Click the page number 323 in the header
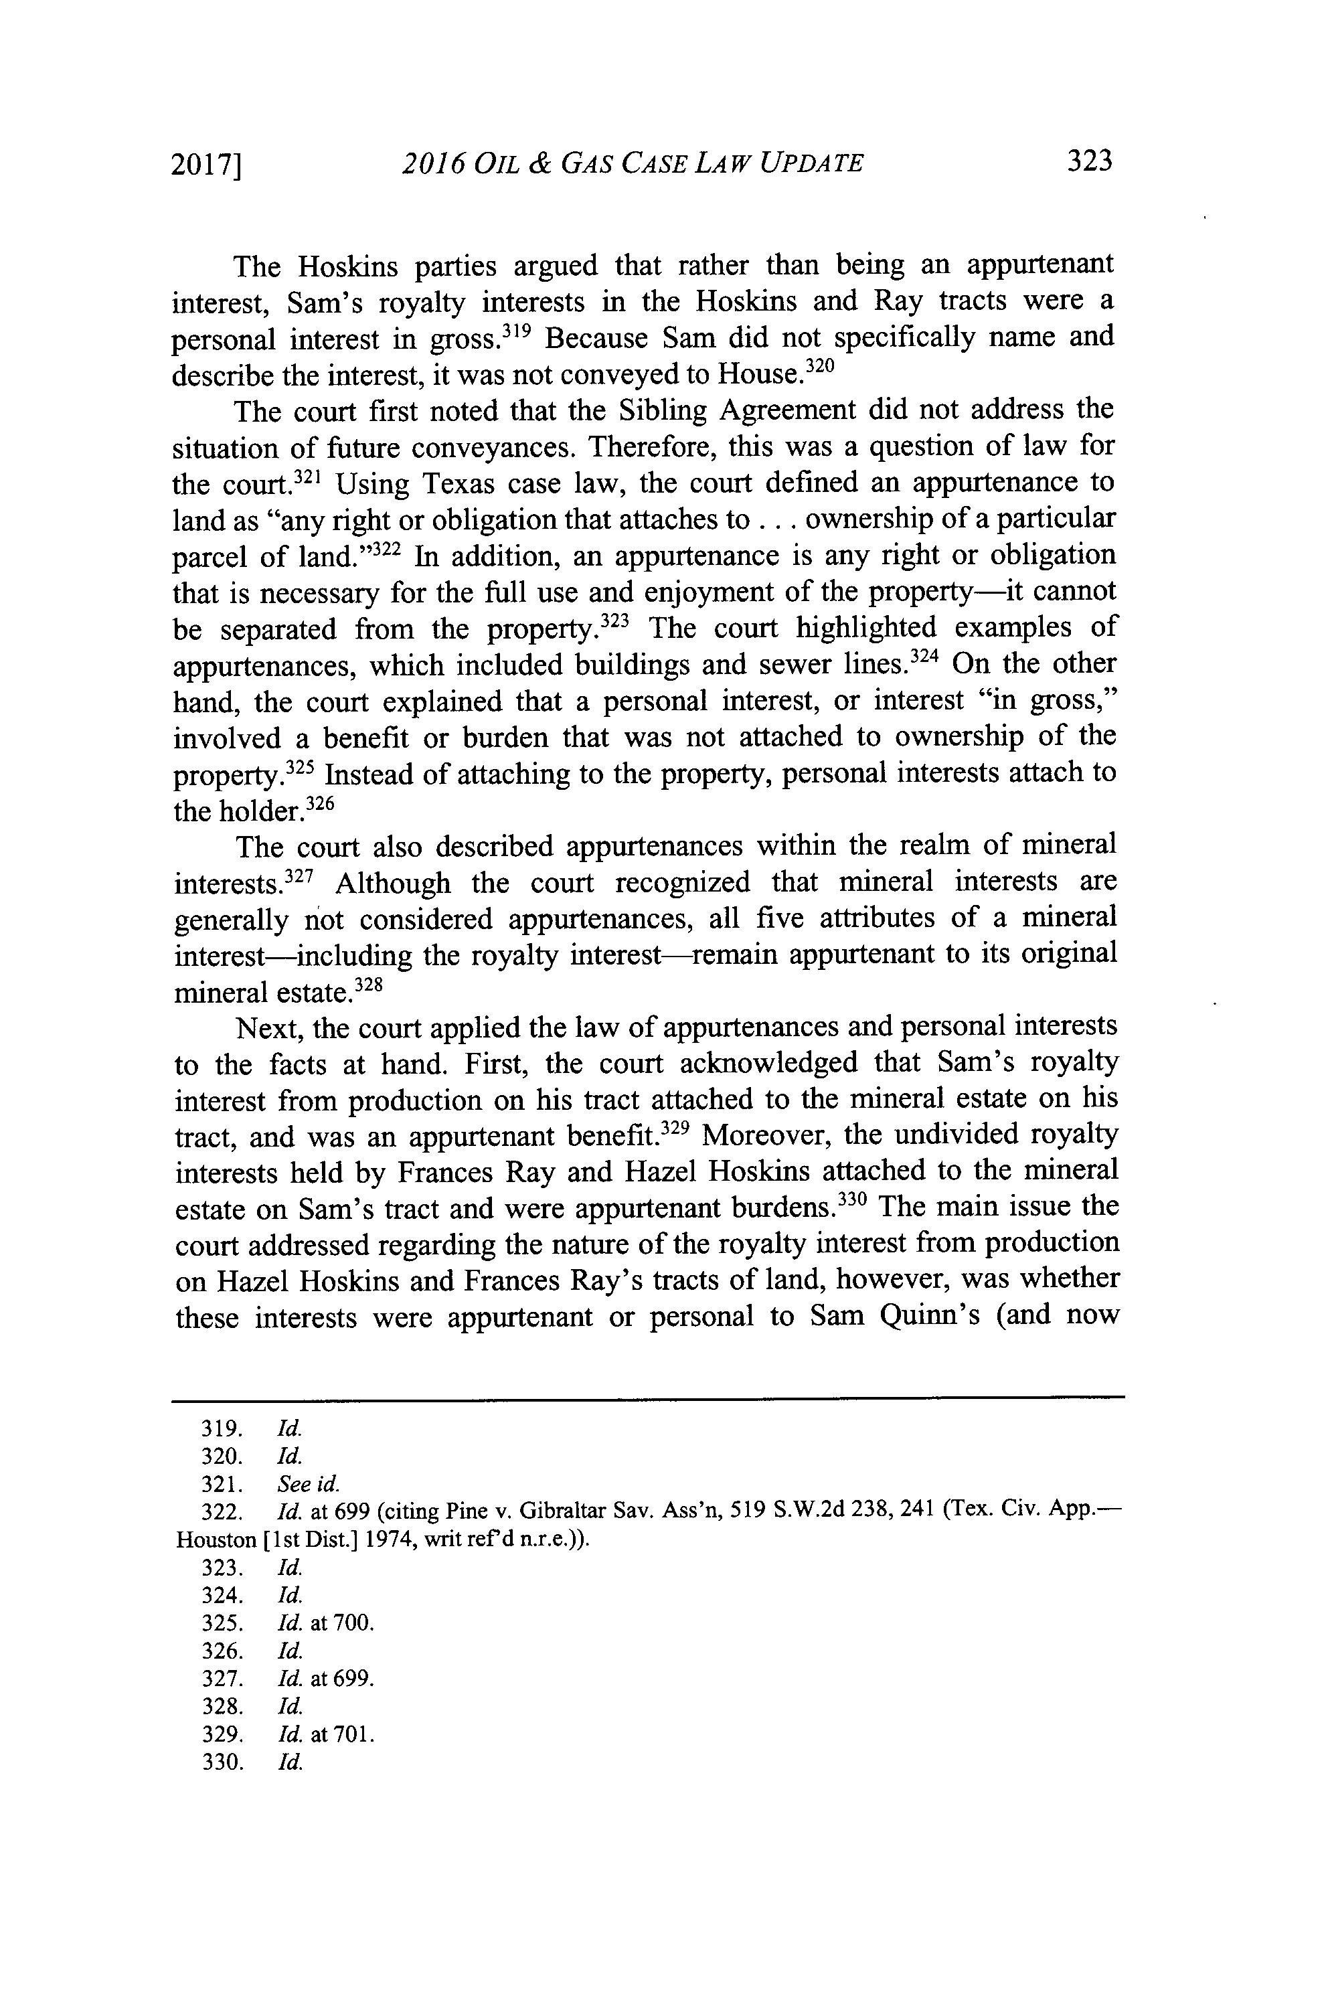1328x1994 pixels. click(x=1088, y=161)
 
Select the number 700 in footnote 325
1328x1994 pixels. click(x=353, y=1623)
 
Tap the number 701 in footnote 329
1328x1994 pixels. click(x=353, y=1735)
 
